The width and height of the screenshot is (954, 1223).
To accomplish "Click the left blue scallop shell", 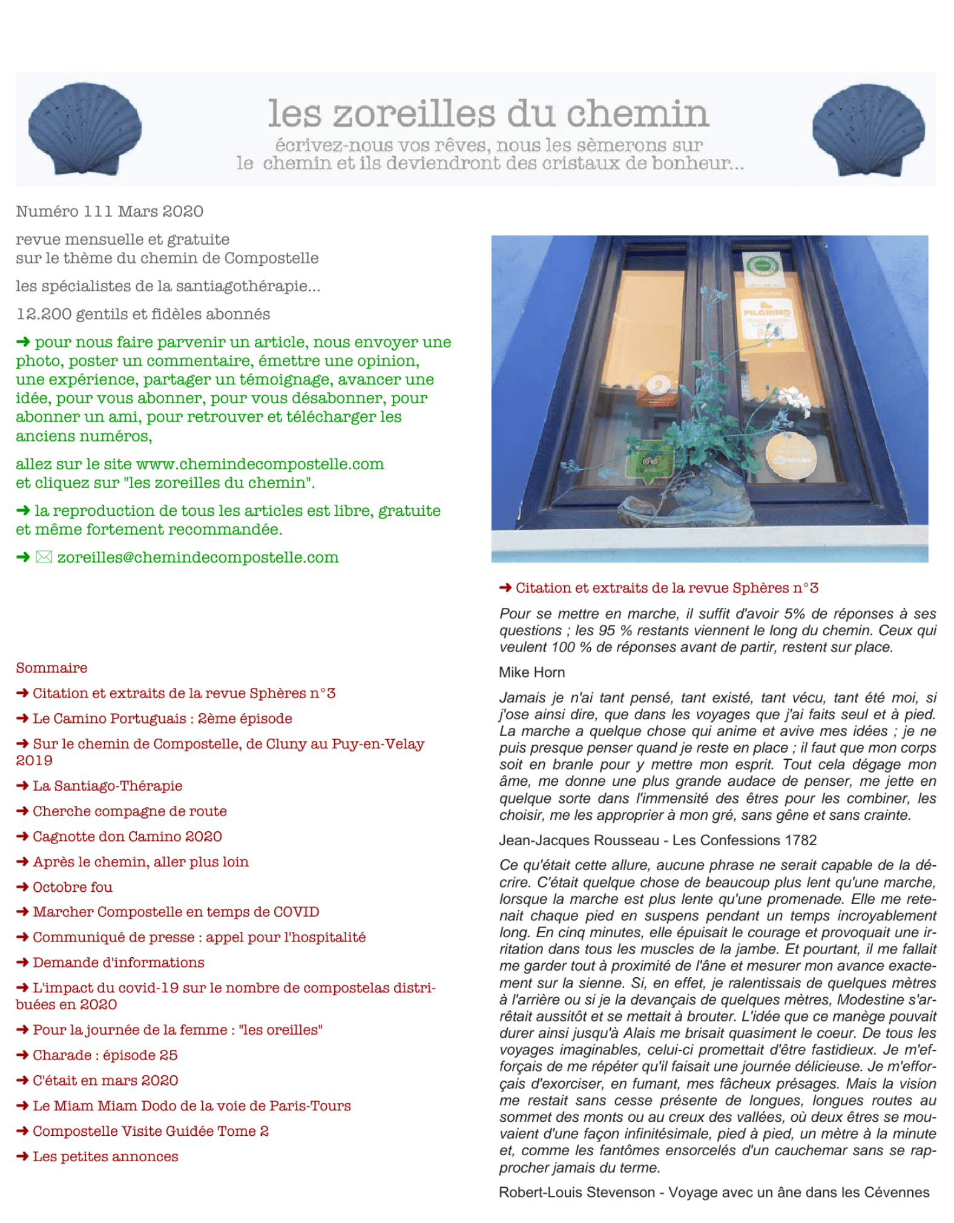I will coord(85,128).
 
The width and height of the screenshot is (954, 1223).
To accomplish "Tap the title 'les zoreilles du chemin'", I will coord(488,113).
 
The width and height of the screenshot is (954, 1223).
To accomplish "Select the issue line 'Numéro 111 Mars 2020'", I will coord(110,211).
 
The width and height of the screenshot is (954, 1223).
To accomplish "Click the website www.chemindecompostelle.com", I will coord(260,464).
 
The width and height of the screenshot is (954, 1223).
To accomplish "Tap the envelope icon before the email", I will coord(44,557).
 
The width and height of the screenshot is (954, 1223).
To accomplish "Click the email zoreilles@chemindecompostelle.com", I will coord(198,557).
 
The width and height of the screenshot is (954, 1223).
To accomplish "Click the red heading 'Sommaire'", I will coord(51,667).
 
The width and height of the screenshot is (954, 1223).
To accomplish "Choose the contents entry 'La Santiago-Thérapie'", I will coord(107,785).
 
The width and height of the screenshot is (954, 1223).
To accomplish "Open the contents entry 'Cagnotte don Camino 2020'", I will coord(127,836).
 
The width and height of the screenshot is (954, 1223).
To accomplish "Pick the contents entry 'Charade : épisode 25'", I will coord(105,1055).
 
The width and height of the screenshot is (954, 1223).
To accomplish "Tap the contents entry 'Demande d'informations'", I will coord(118,962).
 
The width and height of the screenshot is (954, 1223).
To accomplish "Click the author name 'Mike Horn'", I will coord(531,672).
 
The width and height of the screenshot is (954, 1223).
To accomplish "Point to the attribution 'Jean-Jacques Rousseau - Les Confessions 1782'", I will coord(657,840).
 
